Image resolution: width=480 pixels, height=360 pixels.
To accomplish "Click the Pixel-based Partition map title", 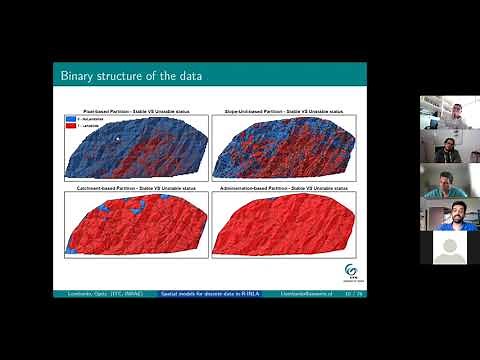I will [x=135, y=101].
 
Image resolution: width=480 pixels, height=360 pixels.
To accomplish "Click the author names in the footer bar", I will [x=93, y=294].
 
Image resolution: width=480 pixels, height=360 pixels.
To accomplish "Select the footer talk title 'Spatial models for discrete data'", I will [x=210, y=294].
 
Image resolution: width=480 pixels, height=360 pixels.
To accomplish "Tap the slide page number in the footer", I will [x=351, y=294].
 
